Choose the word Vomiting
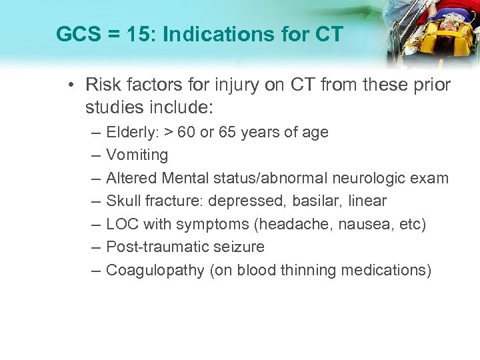point(137,155)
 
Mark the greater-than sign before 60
point(164,133)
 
